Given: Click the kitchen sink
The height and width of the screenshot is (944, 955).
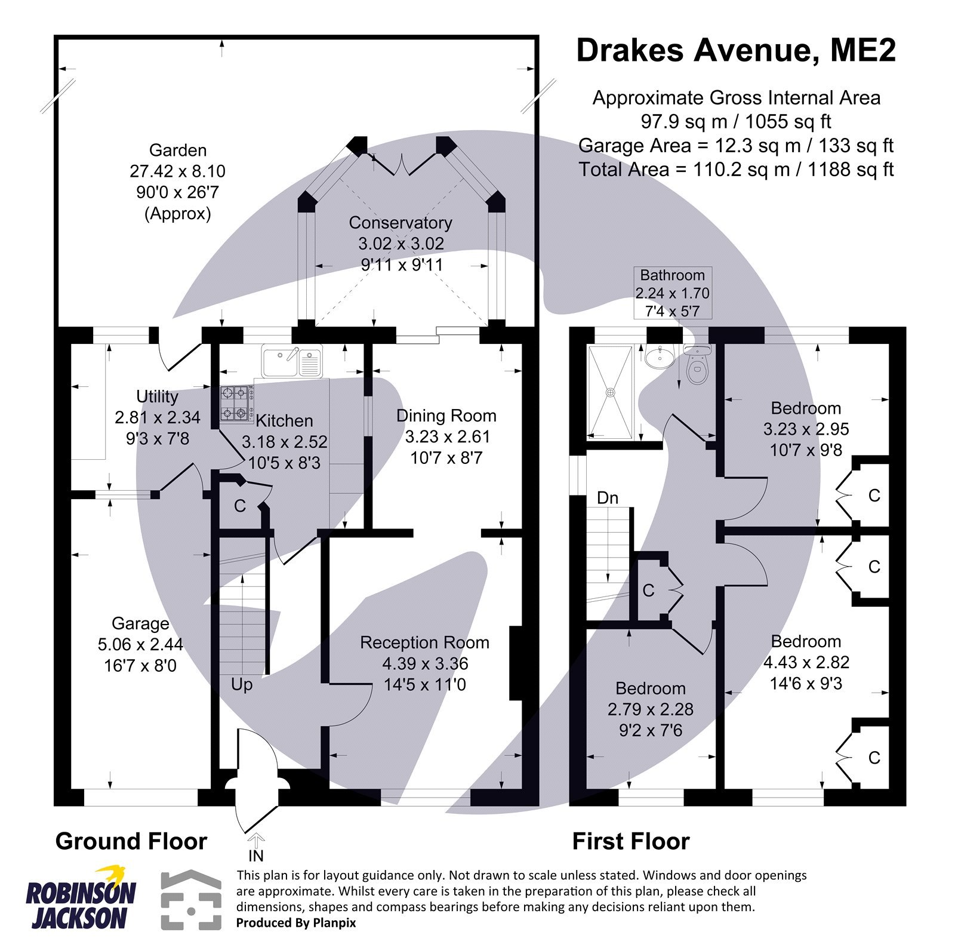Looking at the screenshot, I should coord(292,361).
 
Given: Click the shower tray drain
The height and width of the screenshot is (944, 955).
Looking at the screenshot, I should coord(610,392).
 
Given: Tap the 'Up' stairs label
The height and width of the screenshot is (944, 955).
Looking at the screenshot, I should coord(242,684).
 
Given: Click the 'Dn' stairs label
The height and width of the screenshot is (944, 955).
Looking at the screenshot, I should coord(608,497).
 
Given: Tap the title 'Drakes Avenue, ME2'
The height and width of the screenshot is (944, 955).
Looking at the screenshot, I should coord(736,50).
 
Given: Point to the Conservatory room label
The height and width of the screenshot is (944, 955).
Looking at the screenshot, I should coord(401,223).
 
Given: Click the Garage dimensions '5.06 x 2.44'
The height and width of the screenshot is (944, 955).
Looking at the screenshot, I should coord(140,644).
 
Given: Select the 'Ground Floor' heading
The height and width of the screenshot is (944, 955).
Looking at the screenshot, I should coord(131,841).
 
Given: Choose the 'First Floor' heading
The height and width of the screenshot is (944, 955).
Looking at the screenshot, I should coord(631,841).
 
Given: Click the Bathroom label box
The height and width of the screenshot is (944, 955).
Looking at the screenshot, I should coord(672,293).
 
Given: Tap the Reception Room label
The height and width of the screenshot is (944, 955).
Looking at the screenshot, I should coord(424,642).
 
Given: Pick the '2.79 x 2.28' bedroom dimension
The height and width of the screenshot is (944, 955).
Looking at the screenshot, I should coord(651,709).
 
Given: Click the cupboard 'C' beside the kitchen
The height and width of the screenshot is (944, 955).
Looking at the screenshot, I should coord(240,506).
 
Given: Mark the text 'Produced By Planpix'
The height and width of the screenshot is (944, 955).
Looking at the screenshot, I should coord(296,923).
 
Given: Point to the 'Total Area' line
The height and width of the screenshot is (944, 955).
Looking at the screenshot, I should coord(736,170).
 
